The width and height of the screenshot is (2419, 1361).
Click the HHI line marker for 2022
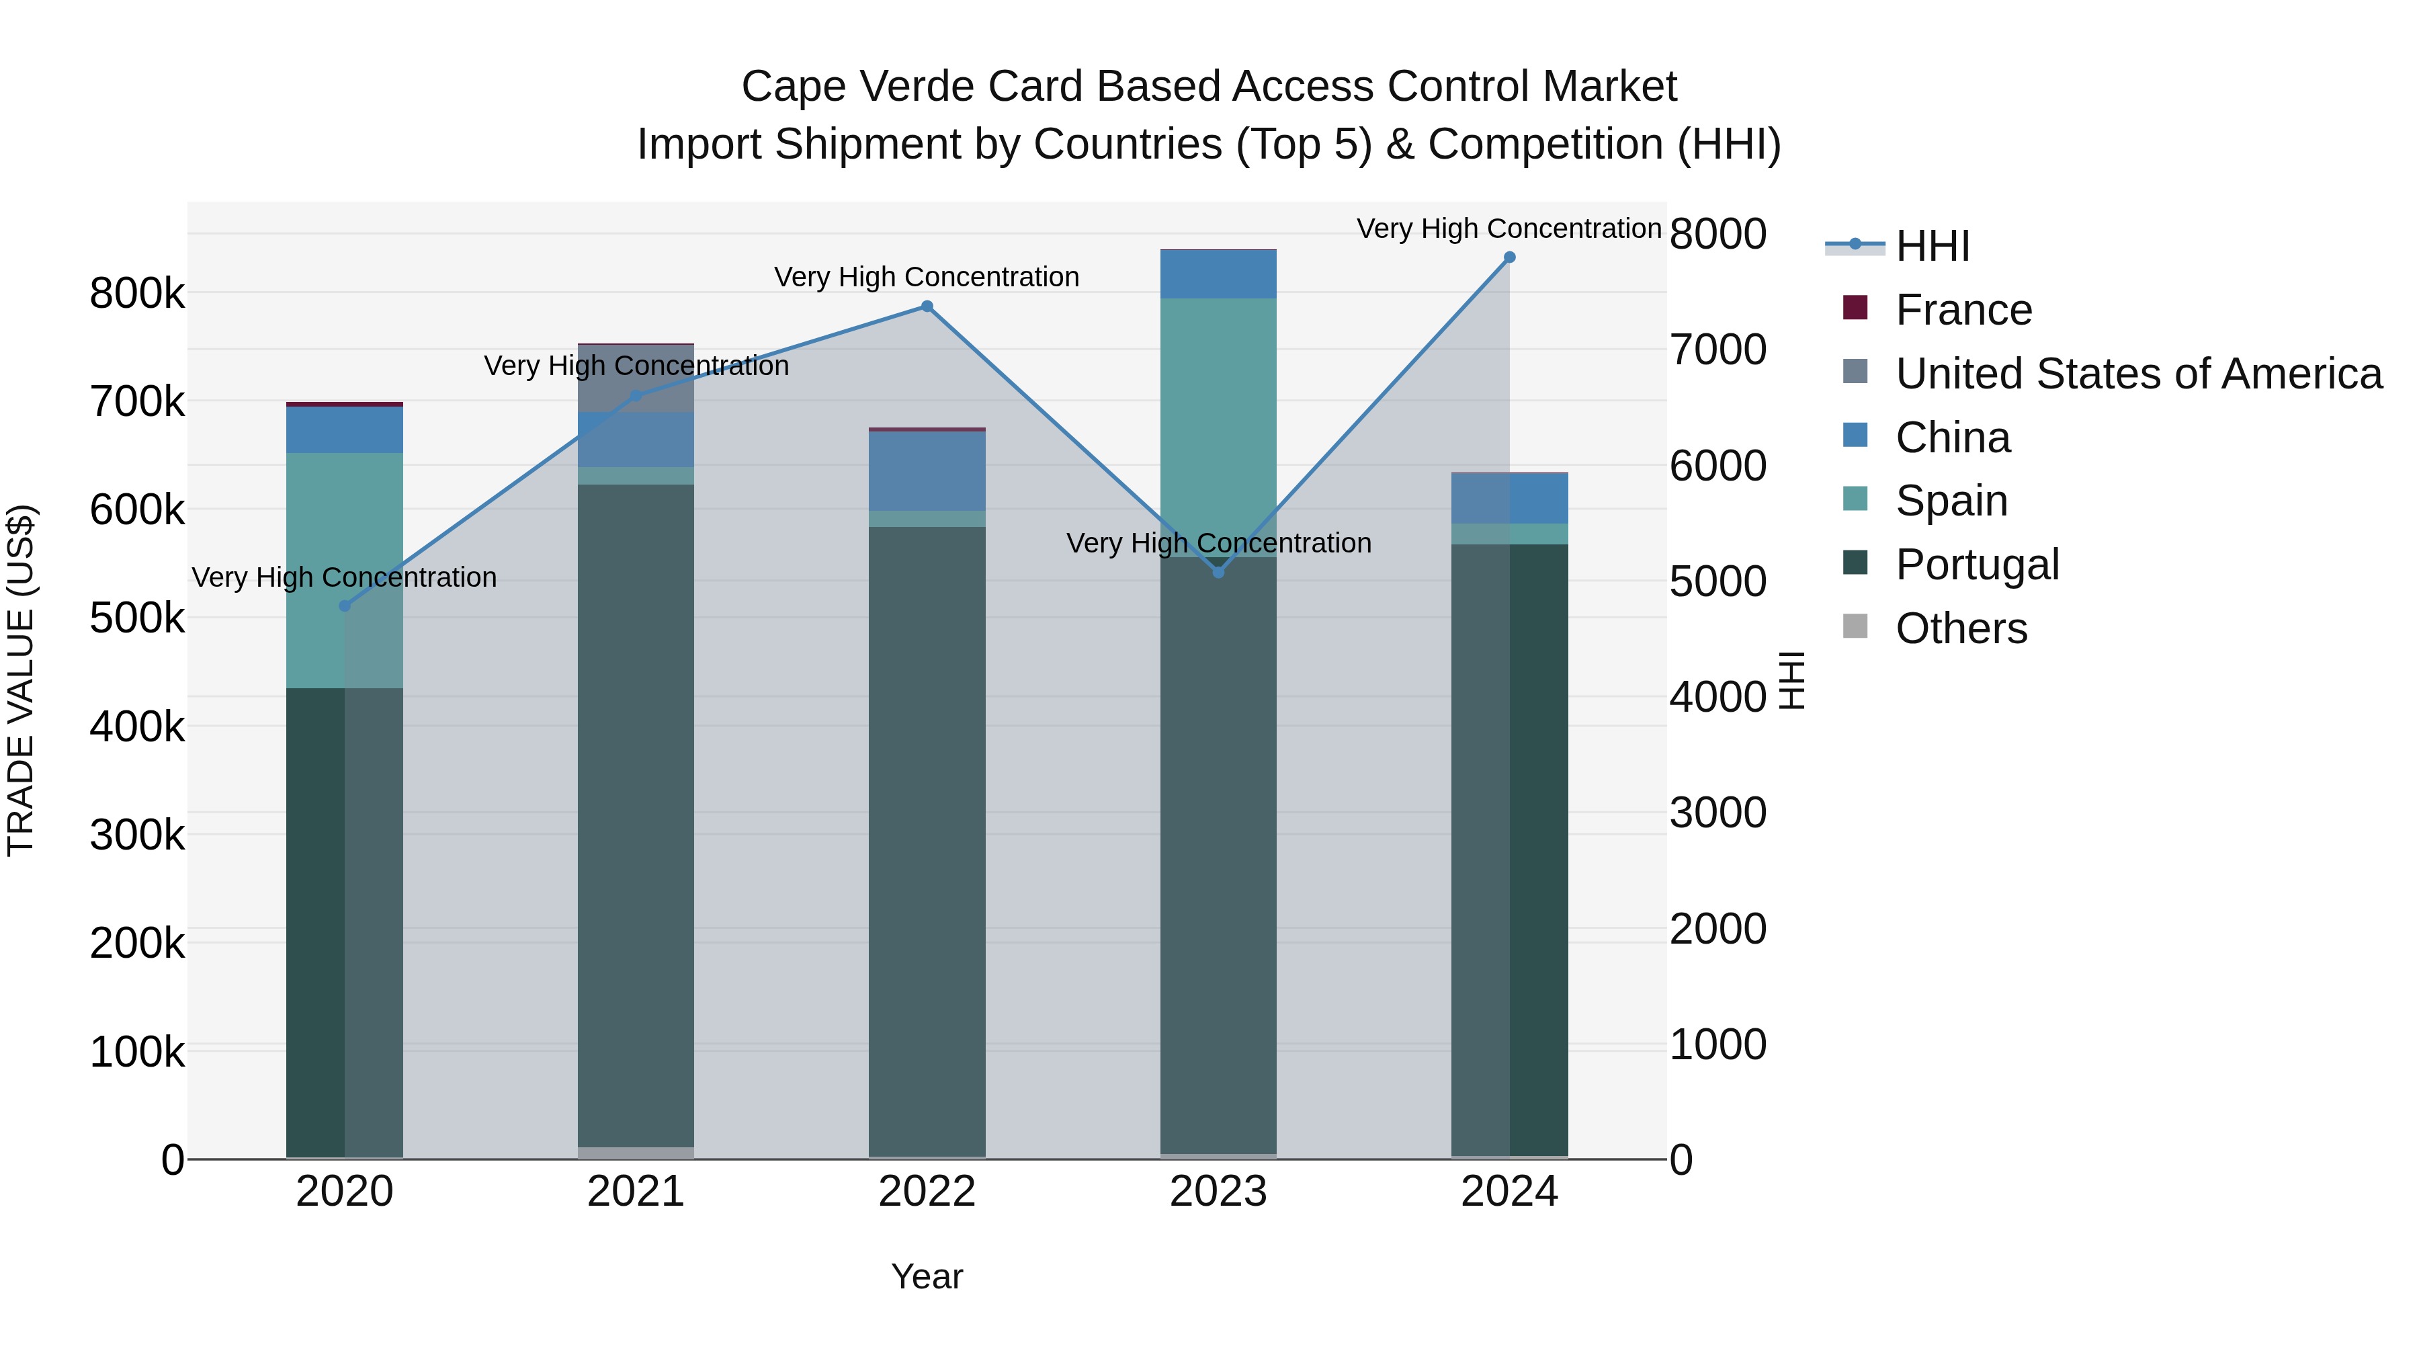tap(927, 306)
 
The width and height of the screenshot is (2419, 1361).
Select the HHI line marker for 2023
tap(1218, 572)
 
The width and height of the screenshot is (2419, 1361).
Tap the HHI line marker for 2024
tap(1509, 257)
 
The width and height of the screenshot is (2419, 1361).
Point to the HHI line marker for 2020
tap(345, 606)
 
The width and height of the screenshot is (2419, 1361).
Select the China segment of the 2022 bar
tap(927, 470)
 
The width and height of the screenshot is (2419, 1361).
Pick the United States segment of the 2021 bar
tap(636, 378)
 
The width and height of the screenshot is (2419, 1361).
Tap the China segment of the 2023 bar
tap(1218, 274)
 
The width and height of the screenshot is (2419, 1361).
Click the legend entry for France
tap(1963, 310)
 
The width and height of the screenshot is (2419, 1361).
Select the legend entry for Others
tap(1961, 628)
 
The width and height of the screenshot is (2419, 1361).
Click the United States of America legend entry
tap(2137, 374)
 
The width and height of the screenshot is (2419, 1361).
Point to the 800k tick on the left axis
tap(137, 294)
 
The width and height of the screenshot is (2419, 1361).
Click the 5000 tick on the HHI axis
tap(1717, 581)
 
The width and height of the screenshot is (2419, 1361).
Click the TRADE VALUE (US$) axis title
tap(22, 680)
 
